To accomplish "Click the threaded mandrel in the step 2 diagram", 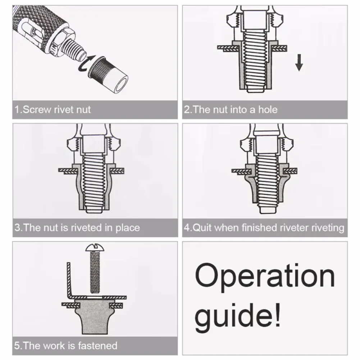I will [x=256, y=61].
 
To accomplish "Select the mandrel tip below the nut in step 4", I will [x=265, y=208].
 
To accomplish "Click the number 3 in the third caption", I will [x=18, y=228].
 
